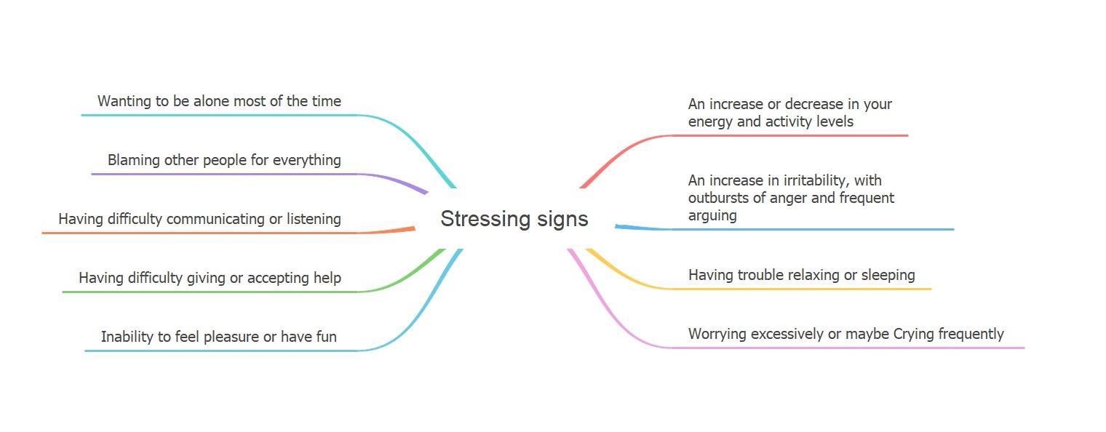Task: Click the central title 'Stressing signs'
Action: pos(514,219)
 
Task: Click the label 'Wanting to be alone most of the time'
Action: pos(219,101)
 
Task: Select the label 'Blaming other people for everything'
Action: pos(224,160)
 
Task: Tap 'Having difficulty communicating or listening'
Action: pos(199,219)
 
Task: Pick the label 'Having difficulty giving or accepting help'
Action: pos(210,278)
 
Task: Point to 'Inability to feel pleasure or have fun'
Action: pos(218,337)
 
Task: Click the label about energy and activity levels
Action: pos(789,113)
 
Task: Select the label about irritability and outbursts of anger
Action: pos(791,198)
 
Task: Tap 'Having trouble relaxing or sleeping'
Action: pos(801,275)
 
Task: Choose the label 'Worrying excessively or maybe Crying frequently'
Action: pos(846,334)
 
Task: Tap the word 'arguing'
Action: pos(712,215)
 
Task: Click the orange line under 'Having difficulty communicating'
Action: pos(204,233)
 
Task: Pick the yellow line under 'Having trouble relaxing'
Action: pos(800,289)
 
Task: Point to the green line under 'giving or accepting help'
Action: pos(211,292)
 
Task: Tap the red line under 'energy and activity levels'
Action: pos(793,135)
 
